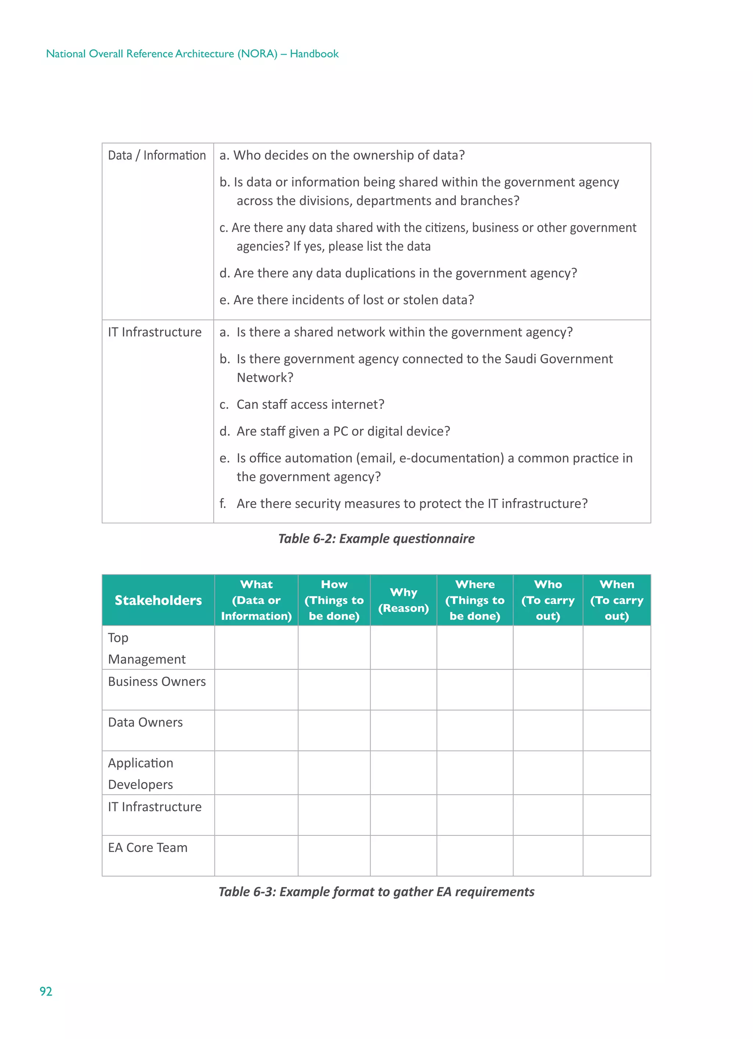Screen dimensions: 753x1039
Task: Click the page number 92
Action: tap(46, 992)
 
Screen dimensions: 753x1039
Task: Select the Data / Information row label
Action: tap(157, 155)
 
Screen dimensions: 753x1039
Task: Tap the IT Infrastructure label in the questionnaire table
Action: tap(155, 332)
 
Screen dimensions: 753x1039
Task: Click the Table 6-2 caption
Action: tap(376, 538)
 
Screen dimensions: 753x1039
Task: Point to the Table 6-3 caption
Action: tap(376, 891)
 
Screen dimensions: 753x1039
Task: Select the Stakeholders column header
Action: tap(158, 600)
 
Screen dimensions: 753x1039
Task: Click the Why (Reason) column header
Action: tap(403, 600)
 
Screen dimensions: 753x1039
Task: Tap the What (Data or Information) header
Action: tap(256, 600)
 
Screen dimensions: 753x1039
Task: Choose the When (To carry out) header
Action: tap(617, 600)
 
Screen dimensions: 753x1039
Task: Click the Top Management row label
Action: tap(146, 648)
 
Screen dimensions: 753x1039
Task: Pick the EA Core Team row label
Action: tap(147, 848)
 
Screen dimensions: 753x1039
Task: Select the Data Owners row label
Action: tap(145, 722)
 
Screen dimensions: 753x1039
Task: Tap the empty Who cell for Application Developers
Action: tap(548, 773)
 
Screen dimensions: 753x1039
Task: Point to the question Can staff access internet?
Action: tap(310, 404)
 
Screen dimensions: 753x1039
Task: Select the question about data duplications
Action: tap(398, 273)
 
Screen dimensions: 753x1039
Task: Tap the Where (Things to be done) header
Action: tap(475, 600)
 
